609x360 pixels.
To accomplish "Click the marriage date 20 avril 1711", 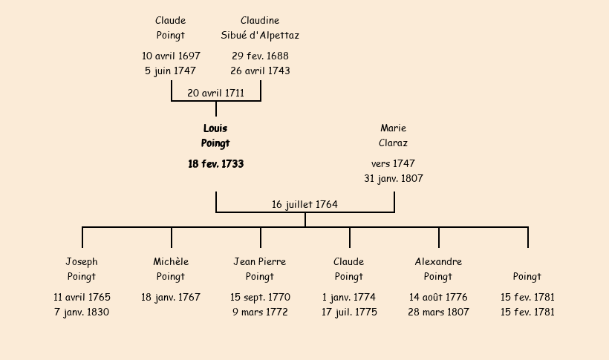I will point(215,94).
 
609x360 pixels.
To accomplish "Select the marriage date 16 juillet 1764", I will point(304,204).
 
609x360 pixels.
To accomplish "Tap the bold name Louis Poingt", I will point(215,136).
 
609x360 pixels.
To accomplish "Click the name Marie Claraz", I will point(393,136).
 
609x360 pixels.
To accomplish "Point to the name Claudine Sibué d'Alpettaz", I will point(260,28).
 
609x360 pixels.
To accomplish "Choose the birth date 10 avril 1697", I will point(171,56).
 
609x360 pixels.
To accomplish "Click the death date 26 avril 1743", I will point(260,71).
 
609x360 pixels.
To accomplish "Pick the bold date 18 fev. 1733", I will point(215,164).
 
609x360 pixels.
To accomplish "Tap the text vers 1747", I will point(393,163).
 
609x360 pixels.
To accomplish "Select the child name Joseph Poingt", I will point(82,269).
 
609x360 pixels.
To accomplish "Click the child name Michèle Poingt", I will point(171,269).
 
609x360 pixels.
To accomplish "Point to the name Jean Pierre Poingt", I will point(260,269).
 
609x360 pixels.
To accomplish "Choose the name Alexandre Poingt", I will point(438,269).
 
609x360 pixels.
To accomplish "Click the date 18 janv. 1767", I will point(171,297).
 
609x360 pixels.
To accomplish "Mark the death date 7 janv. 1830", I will point(82,312).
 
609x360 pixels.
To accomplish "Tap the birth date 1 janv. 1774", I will point(349,297).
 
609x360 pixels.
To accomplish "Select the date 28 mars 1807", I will point(438,312).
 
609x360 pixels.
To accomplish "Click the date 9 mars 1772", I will point(260,312).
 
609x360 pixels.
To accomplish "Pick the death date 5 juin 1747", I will point(171,71).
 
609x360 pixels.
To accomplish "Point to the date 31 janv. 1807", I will point(393,179).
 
